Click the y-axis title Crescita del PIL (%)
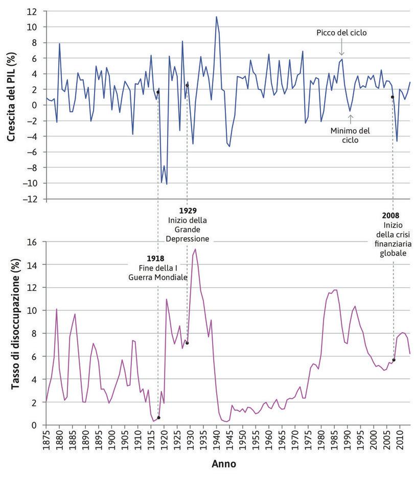click(x=11, y=105)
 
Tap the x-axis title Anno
click(x=224, y=464)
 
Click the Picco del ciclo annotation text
click(x=342, y=33)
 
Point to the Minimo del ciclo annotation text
click(x=350, y=135)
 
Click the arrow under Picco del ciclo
click(x=342, y=49)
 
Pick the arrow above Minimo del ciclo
click(x=351, y=119)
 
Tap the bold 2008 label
click(x=392, y=215)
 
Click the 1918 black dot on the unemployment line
click(x=159, y=418)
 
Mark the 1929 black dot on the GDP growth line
click(x=187, y=85)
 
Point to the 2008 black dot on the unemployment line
click(x=394, y=360)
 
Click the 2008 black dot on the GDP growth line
click(x=393, y=97)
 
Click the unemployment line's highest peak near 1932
click(x=195, y=249)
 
